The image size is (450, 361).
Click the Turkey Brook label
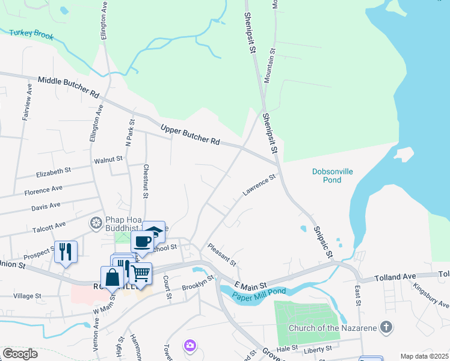31,35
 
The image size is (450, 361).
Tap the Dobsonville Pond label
332,176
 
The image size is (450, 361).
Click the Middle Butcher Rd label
68,88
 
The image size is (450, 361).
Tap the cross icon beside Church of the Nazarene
387,328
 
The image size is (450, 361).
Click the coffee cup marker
143,242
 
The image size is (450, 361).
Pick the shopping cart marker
140,274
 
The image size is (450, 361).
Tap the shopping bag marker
112,277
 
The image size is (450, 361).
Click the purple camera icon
190,345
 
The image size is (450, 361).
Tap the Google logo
20,353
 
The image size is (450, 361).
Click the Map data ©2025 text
424,356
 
